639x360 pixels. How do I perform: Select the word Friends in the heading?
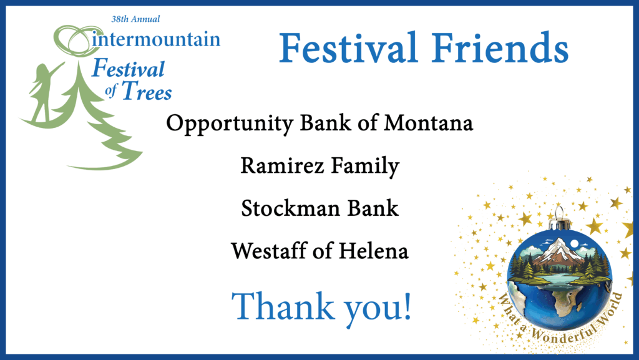pyautogui.click(x=500, y=47)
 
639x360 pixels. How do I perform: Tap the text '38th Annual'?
pyautogui.click(x=135, y=19)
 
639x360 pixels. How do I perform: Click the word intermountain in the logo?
pyautogui.click(x=156, y=39)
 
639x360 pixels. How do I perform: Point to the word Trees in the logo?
pyautogui.click(x=147, y=91)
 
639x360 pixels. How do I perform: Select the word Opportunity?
pyautogui.click(x=230, y=123)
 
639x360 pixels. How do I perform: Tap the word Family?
pyautogui.click(x=365, y=167)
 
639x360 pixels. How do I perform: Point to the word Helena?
pyautogui.click(x=374, y=251)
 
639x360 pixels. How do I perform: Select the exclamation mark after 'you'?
pyautogui.click(x=407, y=306)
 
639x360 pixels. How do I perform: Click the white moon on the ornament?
pyautogui.click(x=575, y=243)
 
